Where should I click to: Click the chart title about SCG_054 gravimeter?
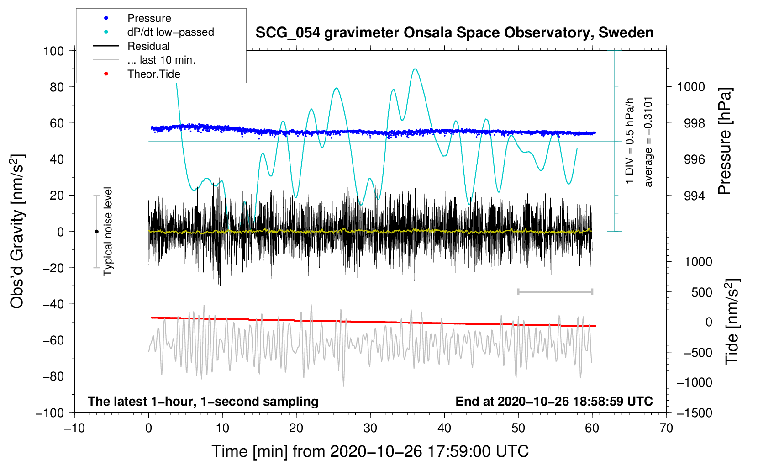[x=454, y=33]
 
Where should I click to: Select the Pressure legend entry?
[x=149, y=18]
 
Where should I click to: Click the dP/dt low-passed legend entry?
[x=170, y=32]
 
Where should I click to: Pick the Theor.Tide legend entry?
[x=153, y=74]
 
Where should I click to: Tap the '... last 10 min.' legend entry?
[x=161, y=60]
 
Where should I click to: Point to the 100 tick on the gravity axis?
[x=53, y=51]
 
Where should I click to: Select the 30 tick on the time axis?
[x=370, y=428]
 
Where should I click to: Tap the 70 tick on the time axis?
[x=666, y=428]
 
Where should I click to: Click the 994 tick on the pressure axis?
[x=690, y=196]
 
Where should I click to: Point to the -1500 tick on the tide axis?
[x=694, y=413]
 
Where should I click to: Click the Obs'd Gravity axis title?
[x=17, y=232]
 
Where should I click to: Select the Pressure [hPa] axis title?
[x=725, y=142]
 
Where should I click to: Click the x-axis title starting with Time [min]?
[x=370, y=451]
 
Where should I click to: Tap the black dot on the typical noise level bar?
[x=96, y=232]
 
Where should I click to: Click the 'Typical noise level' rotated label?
[x=108, y=231]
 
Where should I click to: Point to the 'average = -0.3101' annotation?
[x=648, y=142]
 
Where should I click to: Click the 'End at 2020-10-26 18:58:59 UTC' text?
[x=554, y=402]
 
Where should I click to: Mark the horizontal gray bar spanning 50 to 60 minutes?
[x=555, y=292]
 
